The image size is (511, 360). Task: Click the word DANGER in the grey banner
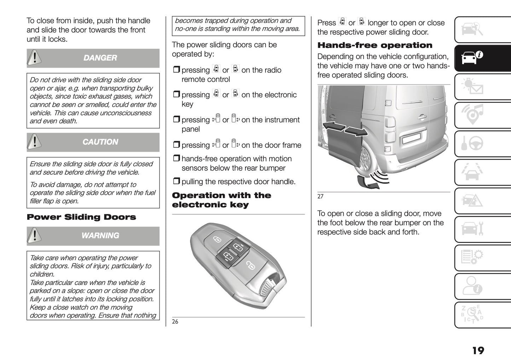point(100,58)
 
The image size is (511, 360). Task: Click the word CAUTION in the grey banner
point(100,142)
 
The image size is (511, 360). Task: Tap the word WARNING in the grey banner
point(100,236)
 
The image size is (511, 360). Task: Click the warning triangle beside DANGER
point(34,58)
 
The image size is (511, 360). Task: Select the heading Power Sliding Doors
point(81,217)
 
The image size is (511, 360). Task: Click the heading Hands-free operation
point(375,45)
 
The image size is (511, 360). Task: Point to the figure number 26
point(175,321)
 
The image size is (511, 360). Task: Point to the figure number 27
point(320,197)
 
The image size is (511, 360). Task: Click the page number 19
point(478,350)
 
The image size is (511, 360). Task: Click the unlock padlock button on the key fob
point(250,265)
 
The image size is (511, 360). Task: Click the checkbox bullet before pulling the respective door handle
point(176,182)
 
